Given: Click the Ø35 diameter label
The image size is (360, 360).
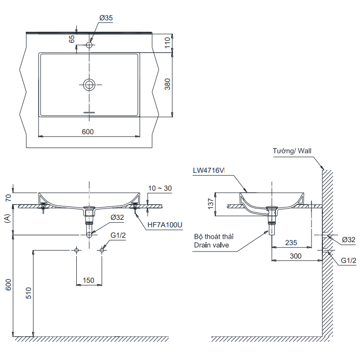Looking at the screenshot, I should click(x=106, y=17).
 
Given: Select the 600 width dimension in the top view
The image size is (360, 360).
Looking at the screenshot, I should click(x=88, y=131).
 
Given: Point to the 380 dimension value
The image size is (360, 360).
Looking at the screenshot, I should click(x=167, y=84).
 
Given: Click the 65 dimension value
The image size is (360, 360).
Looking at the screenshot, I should click(x=71, y=39).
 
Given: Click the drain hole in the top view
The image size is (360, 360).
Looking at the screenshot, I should click(x=89, y=84).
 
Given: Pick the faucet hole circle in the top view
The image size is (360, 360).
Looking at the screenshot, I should click(x=89, y=45).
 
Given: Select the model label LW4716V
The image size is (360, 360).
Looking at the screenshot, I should click(x=209, y=170).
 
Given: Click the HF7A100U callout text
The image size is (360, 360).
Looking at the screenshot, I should click(x=165, y=224).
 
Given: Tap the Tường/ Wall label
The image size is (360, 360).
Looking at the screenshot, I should click(x=292, y=151).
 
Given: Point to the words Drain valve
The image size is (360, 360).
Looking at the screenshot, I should click(x=211, y=245).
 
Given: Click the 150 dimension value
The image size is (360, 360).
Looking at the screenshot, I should click(x=88, y=280).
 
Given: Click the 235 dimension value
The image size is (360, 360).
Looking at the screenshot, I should click(x=291, y=243).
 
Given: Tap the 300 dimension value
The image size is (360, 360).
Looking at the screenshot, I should click(x=296, y=256).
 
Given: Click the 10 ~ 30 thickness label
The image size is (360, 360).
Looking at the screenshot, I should click(x=160, y=188).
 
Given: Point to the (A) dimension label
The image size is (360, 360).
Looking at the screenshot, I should click(x=6, y=218).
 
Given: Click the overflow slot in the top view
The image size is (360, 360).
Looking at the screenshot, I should click(x=89, y=112).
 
